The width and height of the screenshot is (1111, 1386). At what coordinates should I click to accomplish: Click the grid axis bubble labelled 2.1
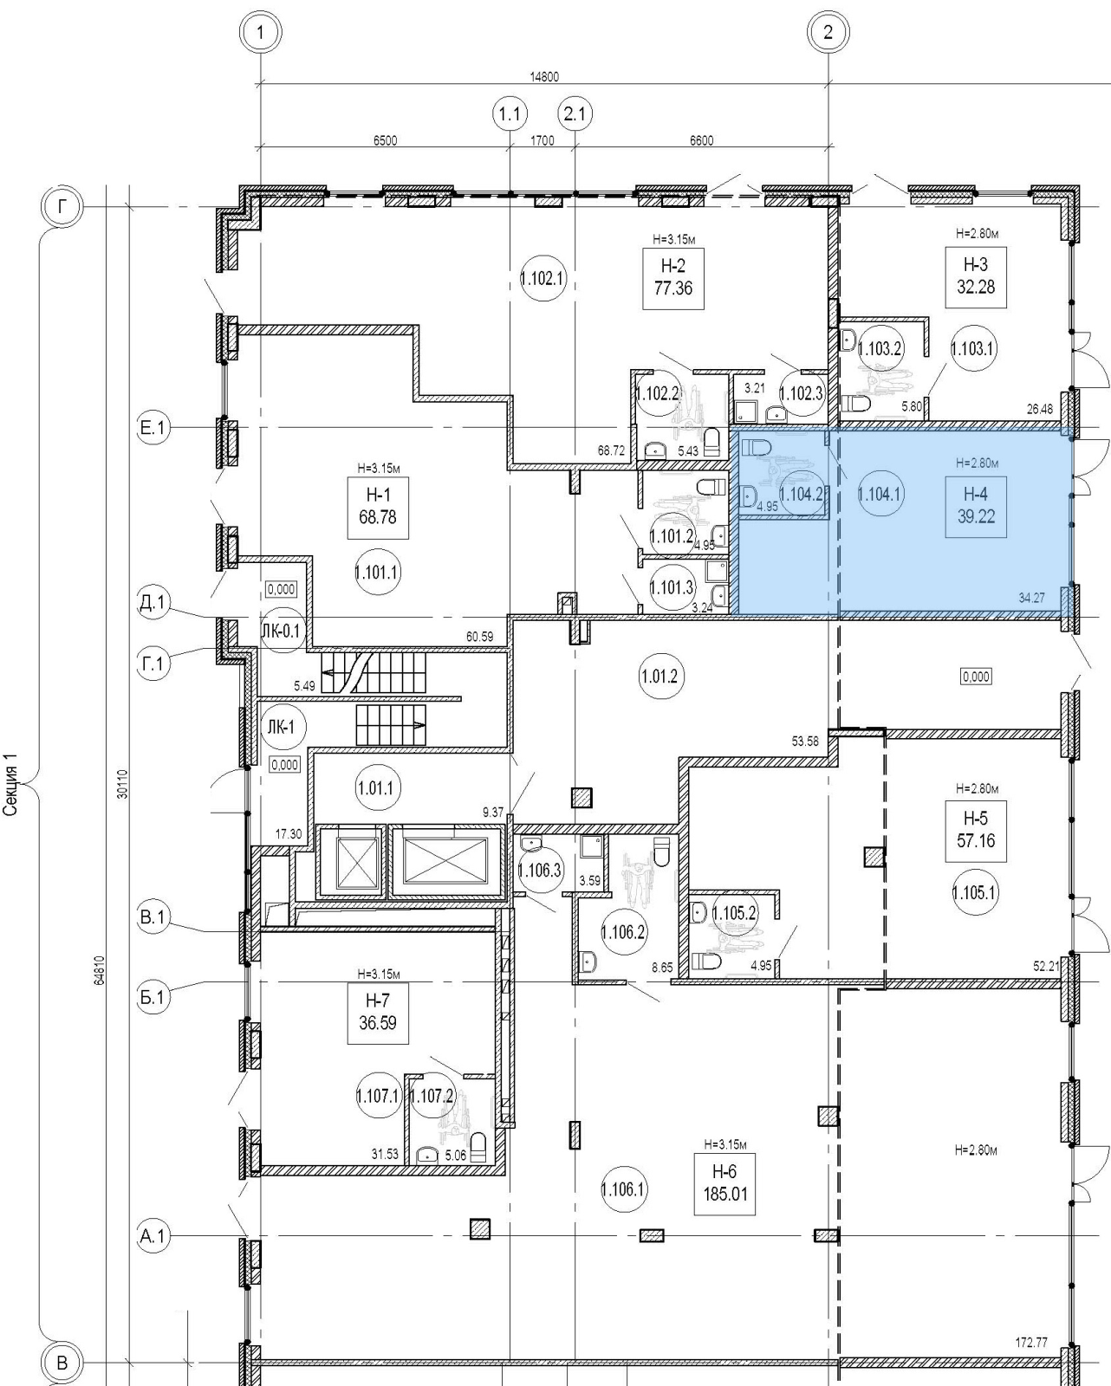pos(575,113)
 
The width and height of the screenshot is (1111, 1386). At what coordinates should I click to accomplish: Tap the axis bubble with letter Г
pos(61,207)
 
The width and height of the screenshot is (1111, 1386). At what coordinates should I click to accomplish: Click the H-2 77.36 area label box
pos(672,278)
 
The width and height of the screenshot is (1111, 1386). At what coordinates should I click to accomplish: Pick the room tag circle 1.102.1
pos(543,279)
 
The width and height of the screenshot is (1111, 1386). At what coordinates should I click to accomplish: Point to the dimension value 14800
pos(544,77)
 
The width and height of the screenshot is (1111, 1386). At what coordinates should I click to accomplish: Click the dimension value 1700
pos(543,141)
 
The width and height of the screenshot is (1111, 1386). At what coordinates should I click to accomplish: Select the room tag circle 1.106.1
pos(624,1189)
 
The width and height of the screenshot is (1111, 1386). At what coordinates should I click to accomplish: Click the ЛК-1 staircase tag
pos(281,728)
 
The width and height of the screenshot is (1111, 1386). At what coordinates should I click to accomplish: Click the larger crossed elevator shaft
pos(445,860)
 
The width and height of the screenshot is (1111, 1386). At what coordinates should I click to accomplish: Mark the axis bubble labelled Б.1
pos(153,998)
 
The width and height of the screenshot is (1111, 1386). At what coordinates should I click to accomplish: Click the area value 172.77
pos(1030,1343)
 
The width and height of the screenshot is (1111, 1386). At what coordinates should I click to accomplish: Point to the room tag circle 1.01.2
pos(660,676)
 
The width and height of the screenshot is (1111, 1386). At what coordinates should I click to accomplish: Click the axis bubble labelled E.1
pos(153,428)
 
